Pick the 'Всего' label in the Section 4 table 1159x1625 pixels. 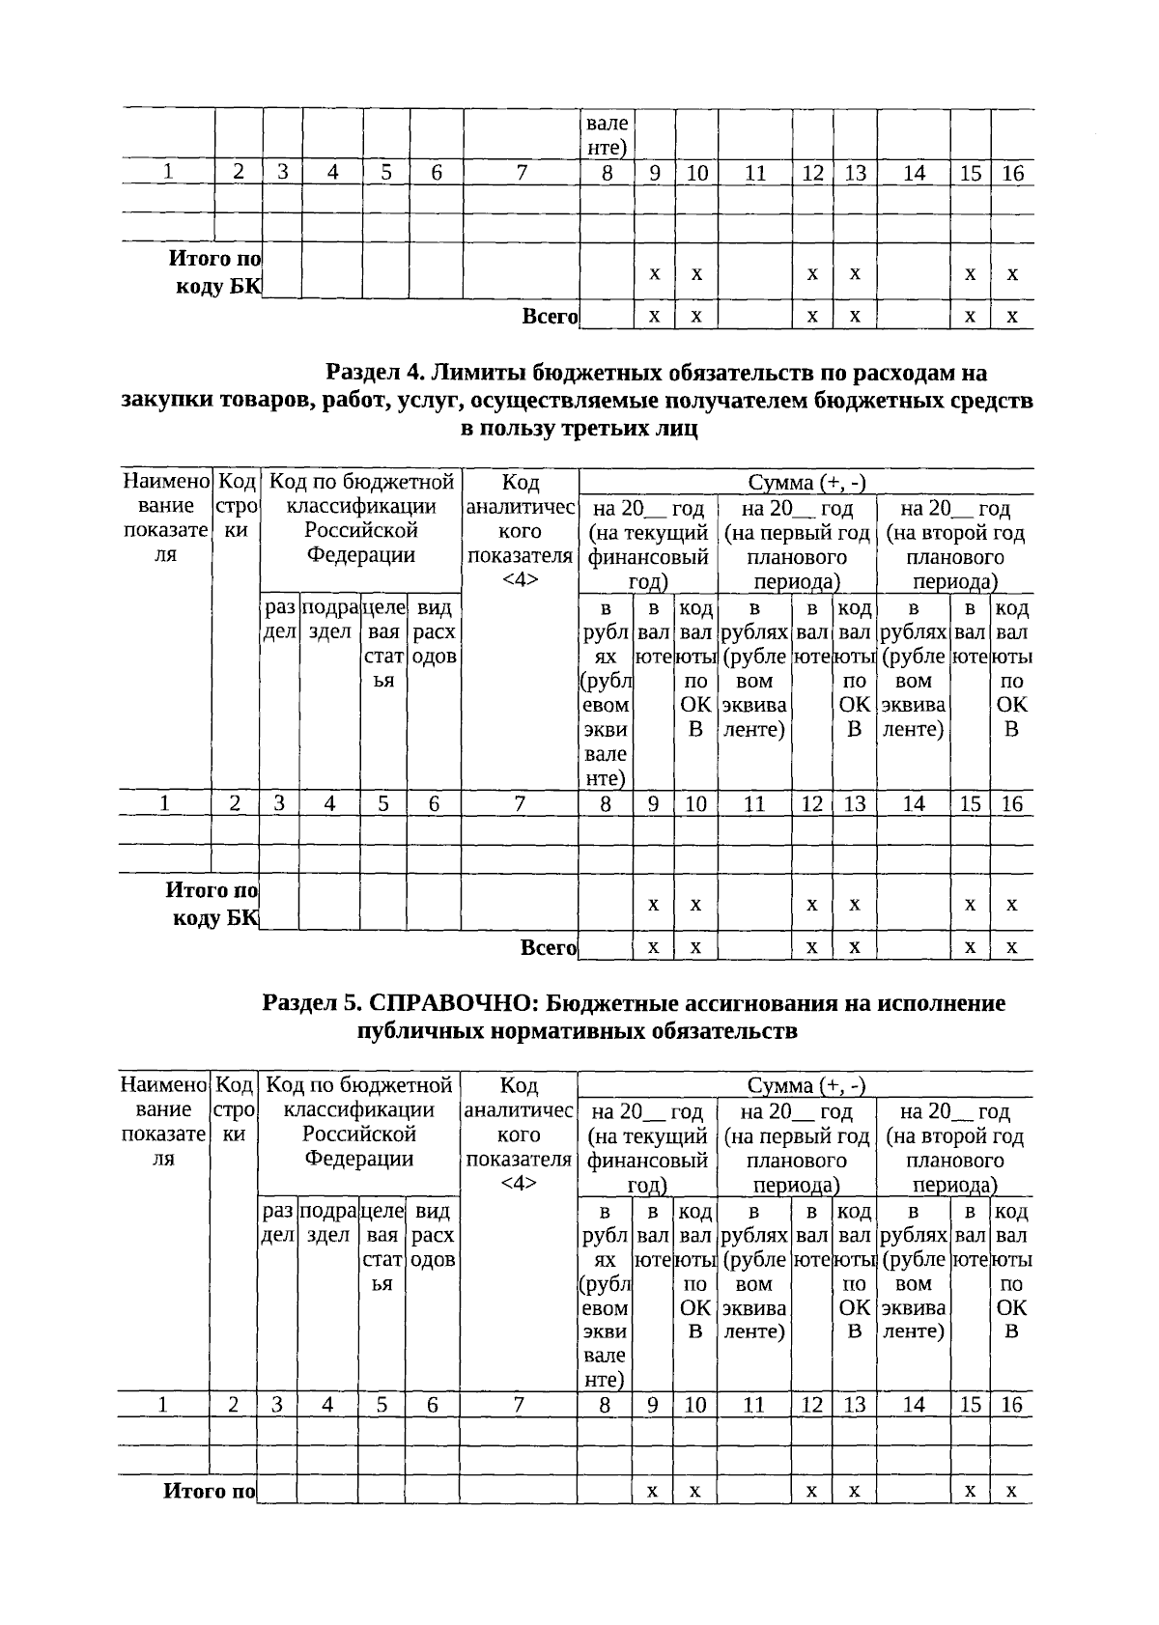tap(549, 948)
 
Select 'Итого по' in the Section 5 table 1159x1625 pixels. tap(209, 1492)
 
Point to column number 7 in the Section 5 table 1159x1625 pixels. tap(518, 1406)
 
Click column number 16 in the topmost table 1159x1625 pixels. tap(1012, 174)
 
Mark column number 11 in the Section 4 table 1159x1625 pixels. tap(754, 804)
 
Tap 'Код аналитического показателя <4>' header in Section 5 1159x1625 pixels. tap(519, 1135)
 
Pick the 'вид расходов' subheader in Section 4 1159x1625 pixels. tap(434, 632)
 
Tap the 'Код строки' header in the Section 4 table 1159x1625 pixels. tap(236, 506)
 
